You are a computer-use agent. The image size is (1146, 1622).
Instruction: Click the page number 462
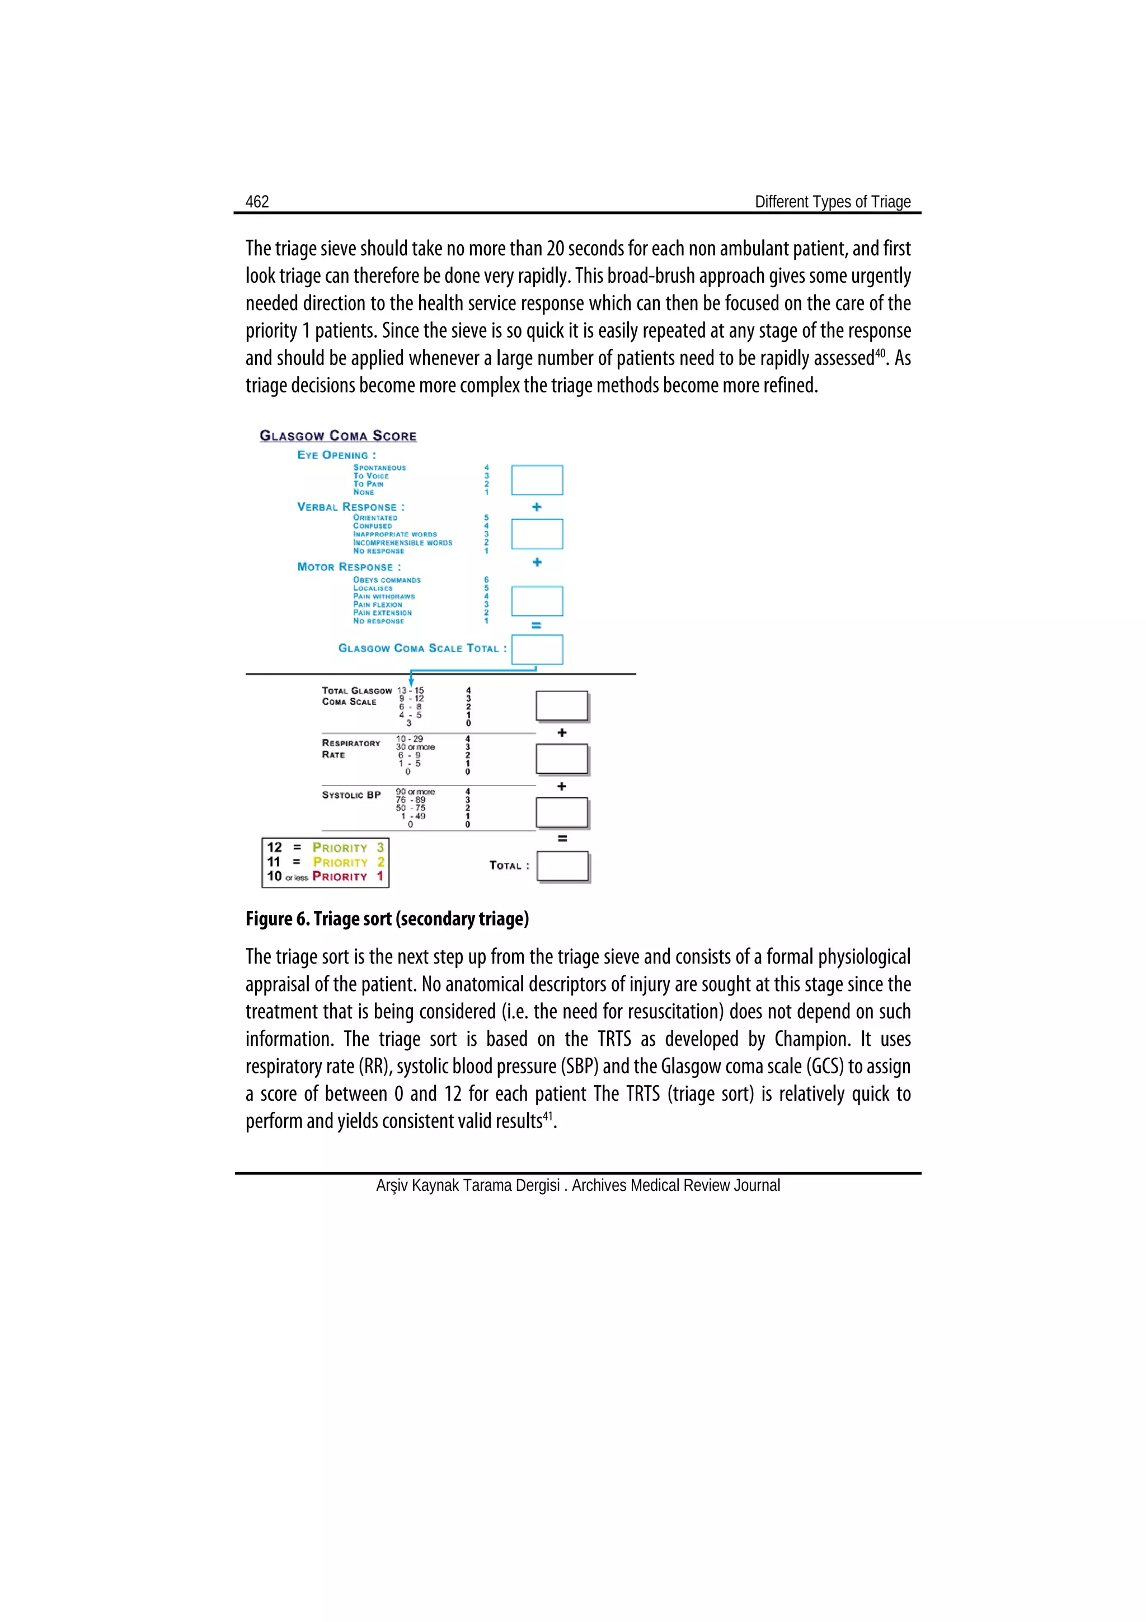pyautogui.click(x=257, y=202)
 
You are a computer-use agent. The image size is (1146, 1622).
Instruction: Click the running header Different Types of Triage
pyautogui.click(x=833, y=202)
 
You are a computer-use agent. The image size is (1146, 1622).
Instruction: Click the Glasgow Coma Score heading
pyautogui.click(x=337, y=436)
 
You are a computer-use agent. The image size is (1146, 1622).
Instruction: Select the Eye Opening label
pyautogui.click(x=336, y=455)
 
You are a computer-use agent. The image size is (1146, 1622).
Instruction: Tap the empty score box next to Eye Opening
pyautogui.click(x=537, y=480)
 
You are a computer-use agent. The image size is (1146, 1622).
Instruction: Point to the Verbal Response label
pyautogui.click(x=350, y=507)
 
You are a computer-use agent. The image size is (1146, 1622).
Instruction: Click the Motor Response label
pyautogui.click(x=349, y=567)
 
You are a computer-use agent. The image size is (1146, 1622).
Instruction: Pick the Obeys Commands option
pyautogui.click(x=386, y=580)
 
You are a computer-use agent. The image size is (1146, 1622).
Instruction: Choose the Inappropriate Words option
pyautogui.click(x=394, y=535)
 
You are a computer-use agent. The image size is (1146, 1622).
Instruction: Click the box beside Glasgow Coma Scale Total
pyautogui.click(x=537, y=649)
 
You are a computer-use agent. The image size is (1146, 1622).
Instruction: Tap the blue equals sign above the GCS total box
pyautogui.click(x=536, y=626)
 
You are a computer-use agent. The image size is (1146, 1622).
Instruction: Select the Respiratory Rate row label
pyautogui.click(x=351, y=749)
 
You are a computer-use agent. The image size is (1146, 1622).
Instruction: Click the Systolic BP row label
pyautogui.click(x=351, y=794)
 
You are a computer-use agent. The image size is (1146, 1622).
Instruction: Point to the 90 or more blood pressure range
pyautogui.click(x=415, y=792)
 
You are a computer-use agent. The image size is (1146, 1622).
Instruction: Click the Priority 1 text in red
pyautogui.click(x=347, y=877)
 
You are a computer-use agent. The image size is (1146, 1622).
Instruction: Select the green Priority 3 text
pyautogui.click(x=348, y=848)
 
